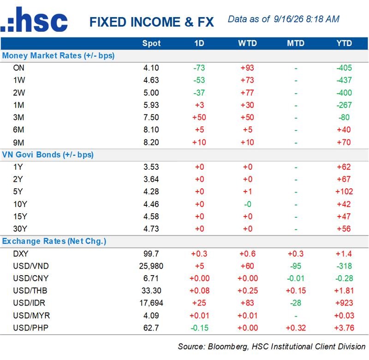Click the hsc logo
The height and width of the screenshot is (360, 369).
click(x=34, y=19)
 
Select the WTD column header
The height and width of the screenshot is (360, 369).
click(x=247, y=43)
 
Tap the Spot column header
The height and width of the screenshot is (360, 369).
click(x=151, y=43)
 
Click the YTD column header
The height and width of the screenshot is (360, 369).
click(x=344, y=43)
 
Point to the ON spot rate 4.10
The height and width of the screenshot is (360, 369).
click(x=151, y=68)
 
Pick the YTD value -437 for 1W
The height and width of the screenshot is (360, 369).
click(x=344, y=80)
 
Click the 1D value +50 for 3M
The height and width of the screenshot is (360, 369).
click(x=199, y=117)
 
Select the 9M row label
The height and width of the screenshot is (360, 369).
click(x=18, y=143)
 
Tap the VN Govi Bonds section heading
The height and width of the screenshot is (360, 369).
click(x=48, y=155)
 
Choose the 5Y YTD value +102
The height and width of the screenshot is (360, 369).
click(x=344, y=192)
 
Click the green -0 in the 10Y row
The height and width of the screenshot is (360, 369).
click(x=248, y=204)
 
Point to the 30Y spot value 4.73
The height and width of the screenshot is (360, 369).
click(x=151, y=228)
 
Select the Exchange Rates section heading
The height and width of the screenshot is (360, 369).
click(x=54, y=241)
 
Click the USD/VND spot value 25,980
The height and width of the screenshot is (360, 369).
click(x=151, y=266)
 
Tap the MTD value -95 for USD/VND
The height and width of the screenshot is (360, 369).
click(x=296, y=266)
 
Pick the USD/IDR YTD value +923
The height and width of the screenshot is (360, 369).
click(x=344, y=303)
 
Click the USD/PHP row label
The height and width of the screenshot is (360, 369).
click(x=30, y=328)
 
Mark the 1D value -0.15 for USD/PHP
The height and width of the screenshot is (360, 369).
click(x=200, y=328)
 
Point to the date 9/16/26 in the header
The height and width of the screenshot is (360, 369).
click(x=289, y=19)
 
